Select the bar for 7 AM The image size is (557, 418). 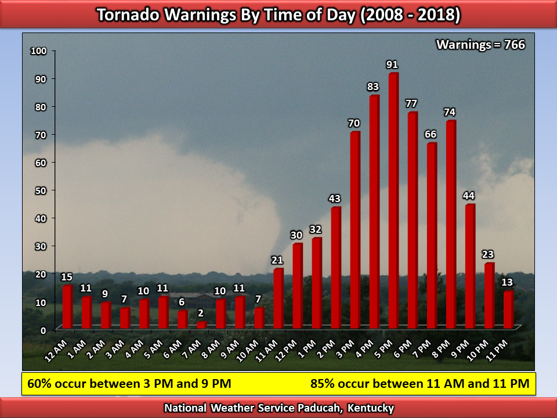click(201, 325)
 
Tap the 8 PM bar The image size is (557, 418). click(451, 224)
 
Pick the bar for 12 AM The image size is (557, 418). click(67, 307)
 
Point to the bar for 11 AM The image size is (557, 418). click(278, 298)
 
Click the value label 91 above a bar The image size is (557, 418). click(392, 64)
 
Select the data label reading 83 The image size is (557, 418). click(372, 87)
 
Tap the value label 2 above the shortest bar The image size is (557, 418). click(201, 313)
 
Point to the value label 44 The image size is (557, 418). click(469, 196)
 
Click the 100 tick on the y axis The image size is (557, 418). click(39, 51)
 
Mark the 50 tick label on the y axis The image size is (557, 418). click(41, 191)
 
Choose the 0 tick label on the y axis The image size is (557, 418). click(44, 331)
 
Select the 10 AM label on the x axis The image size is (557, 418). click(247, 351)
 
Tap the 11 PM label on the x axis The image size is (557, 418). click(497, 351)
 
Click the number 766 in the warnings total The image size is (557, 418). click(515, 45)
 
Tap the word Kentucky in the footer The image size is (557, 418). click(371, 408)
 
